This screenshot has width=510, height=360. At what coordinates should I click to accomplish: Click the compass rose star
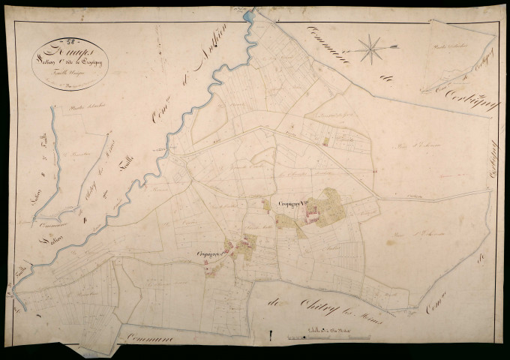(x=369, y=49)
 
